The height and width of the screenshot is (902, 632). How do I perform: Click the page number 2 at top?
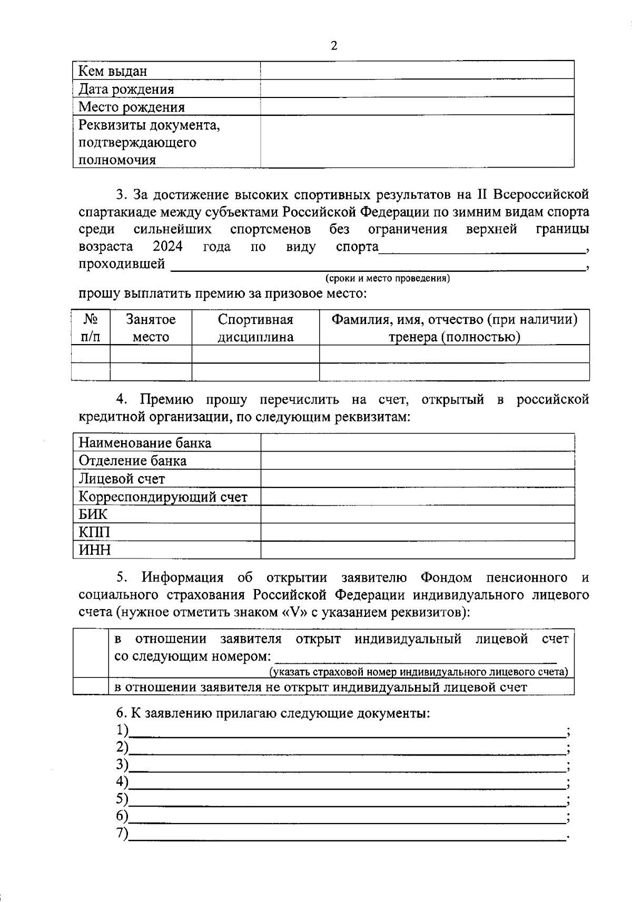click(x=334, y=46)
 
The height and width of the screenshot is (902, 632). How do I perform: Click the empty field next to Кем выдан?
click(x=417, y=71)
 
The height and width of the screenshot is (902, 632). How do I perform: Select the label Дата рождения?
click(x=126, y=89)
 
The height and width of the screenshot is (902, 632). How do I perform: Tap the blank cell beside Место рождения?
click(x=417, y=106)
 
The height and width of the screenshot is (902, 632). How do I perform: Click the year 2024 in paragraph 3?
click(x=167, y=246)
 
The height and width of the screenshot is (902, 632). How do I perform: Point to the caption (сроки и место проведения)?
click(x=388, y=278)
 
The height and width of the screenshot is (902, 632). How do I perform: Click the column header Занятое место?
click(x=151, y=328)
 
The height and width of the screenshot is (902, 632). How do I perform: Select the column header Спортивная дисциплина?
click(x=255, y=328)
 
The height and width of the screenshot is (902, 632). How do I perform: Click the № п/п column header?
click(x=91, y=328)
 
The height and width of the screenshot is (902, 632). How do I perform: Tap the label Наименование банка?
click(x=145, y=443)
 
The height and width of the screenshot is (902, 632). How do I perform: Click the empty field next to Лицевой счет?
click(x=417, y=478)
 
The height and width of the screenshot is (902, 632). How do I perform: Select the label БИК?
click(x=93, y=514)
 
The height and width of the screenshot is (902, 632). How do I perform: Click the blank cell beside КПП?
click(x=417, y=532)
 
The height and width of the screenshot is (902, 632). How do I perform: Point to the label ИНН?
click(x=95, y=550)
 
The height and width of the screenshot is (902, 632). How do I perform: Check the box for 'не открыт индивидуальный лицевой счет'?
click(x=91, y=687)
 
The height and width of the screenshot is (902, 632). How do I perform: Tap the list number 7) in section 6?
click(x=122, y=834)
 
